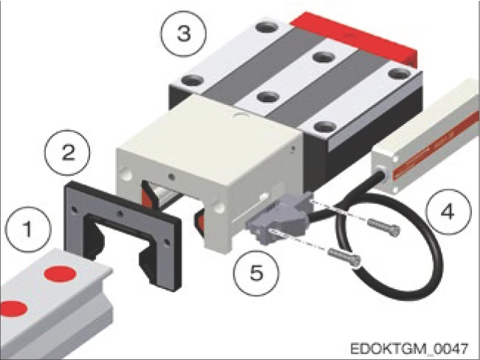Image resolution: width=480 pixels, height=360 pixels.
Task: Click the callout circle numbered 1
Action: (x=29, y=230)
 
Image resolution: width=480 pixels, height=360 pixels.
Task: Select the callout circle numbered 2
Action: (x=68, y=152)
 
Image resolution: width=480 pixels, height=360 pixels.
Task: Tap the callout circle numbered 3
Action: (x=184, y=34)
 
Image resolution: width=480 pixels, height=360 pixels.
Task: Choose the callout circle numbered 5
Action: (x=256, y=273)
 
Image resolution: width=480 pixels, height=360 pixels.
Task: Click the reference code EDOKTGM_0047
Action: (x=409, y=349)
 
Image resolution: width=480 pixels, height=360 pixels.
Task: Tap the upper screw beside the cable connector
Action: (x=383, y=228)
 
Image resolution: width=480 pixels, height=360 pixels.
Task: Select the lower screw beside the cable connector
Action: (x=345, y=257)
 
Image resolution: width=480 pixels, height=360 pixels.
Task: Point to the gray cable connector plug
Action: (x=278, y=217)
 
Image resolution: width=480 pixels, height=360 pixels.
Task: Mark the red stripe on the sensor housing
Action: (x=436, y=145)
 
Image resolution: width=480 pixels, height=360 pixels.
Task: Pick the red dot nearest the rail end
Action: (x=60, y=274)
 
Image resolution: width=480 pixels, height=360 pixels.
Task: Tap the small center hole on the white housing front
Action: (x=172, y=177)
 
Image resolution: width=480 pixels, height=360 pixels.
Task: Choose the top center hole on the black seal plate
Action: (x=121, y=214)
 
